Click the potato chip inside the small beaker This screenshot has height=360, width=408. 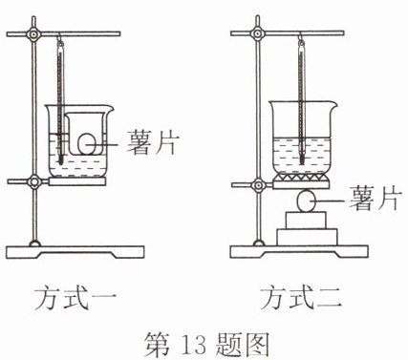(x=87, y=144)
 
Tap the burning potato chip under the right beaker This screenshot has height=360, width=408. (x=306, y=201)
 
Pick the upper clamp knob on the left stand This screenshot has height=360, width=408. (x=33, y=33)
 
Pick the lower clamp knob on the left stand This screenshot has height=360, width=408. (x=33, y=182)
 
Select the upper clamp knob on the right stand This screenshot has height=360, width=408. (x=258, y=33)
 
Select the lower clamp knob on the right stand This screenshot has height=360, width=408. (x=258, y=184)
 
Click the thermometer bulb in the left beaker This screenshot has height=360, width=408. (x=60, y=159)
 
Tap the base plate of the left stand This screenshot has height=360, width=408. (x=75, y=252)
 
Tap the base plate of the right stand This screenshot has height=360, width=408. (x=299, y=251)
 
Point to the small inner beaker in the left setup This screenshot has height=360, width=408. (x=85, y=134)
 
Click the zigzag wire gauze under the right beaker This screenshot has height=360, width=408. (x=301, y=177)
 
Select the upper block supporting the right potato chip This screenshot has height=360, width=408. (x=307, y=221)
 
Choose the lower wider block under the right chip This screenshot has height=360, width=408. (x=307, y=237)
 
